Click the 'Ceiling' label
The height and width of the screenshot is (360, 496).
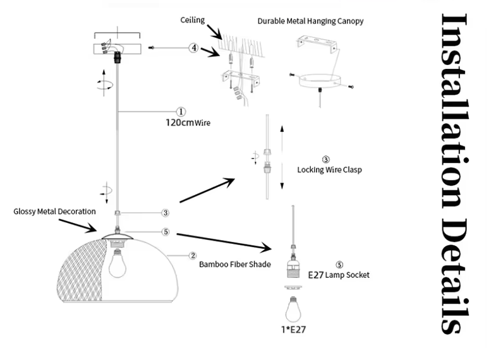[193, 20]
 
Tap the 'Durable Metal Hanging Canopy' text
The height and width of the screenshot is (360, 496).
[310, 21]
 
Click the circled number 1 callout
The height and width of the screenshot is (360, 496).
[181, 112]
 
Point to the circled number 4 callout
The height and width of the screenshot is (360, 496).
[194, 48]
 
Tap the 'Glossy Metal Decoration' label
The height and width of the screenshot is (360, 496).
[54, 212]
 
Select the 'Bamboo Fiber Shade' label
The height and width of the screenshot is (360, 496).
[234, 265]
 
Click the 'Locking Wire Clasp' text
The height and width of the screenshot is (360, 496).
[329, 170]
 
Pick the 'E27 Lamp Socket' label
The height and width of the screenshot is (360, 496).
[338, 275]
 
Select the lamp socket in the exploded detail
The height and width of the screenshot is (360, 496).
[293, 265]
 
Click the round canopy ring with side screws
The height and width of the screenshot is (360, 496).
[320, 81]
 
